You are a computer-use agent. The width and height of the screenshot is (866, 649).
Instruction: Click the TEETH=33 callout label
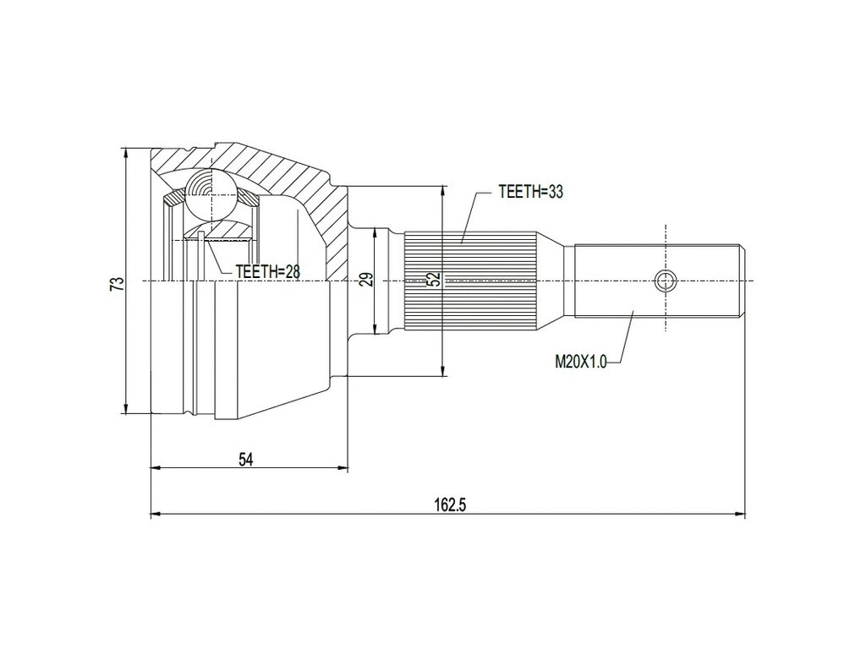530,192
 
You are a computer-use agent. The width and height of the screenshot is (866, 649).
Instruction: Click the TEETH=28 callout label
267,270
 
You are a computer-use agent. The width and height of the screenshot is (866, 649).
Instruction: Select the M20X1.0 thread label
580,362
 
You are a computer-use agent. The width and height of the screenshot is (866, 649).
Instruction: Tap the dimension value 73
118,283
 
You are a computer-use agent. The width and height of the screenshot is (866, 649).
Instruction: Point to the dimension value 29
366,280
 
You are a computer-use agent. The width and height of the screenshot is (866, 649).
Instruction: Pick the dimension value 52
434,280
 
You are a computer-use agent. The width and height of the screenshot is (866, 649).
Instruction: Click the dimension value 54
246,459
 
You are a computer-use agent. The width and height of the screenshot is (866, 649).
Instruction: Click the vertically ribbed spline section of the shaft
470,280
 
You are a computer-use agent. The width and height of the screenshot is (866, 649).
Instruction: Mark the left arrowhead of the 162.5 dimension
155,513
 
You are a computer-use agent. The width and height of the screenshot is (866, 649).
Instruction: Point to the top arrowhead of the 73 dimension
125,153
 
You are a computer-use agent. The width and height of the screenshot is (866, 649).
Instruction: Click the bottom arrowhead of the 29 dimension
375,330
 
